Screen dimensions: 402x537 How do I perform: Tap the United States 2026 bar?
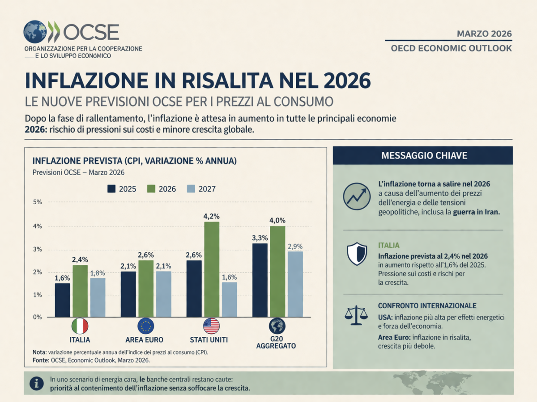[x=212, y=269]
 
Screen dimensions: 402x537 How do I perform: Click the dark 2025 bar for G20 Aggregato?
[x=260, y=280]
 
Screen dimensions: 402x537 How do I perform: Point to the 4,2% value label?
[x=212, y=216]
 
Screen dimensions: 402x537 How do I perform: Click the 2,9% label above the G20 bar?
[x=295, y=246]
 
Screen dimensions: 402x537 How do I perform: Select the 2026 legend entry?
[x=162, y=189]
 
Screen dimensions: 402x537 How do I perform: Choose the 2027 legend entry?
[x=200, y=189]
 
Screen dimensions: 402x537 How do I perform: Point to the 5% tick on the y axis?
[x=37, y=202]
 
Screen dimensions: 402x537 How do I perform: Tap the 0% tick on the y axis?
[x=37, y=317]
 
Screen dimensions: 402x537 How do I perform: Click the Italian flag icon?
[x=80, y=327]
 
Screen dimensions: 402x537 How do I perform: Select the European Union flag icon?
[x=145, y=327]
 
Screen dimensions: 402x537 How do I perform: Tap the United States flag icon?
[x=211, y=327]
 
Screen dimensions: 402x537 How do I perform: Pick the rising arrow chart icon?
[x=356, y=197]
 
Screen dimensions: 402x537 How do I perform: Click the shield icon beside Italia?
[x=356, y=253]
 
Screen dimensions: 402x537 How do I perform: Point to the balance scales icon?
[x=356, y=315]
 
